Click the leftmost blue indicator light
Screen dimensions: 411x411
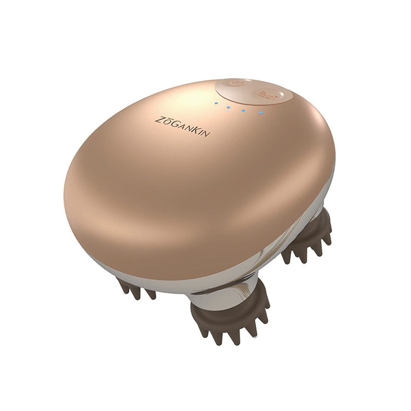pos(216,103)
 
